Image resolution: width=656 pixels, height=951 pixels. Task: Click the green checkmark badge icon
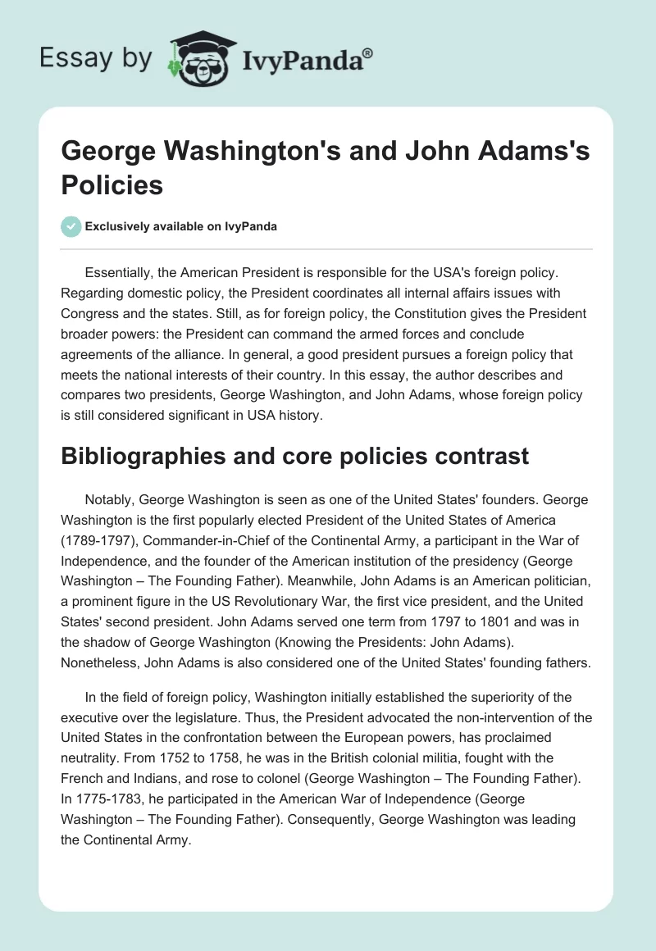click(71, 226)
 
